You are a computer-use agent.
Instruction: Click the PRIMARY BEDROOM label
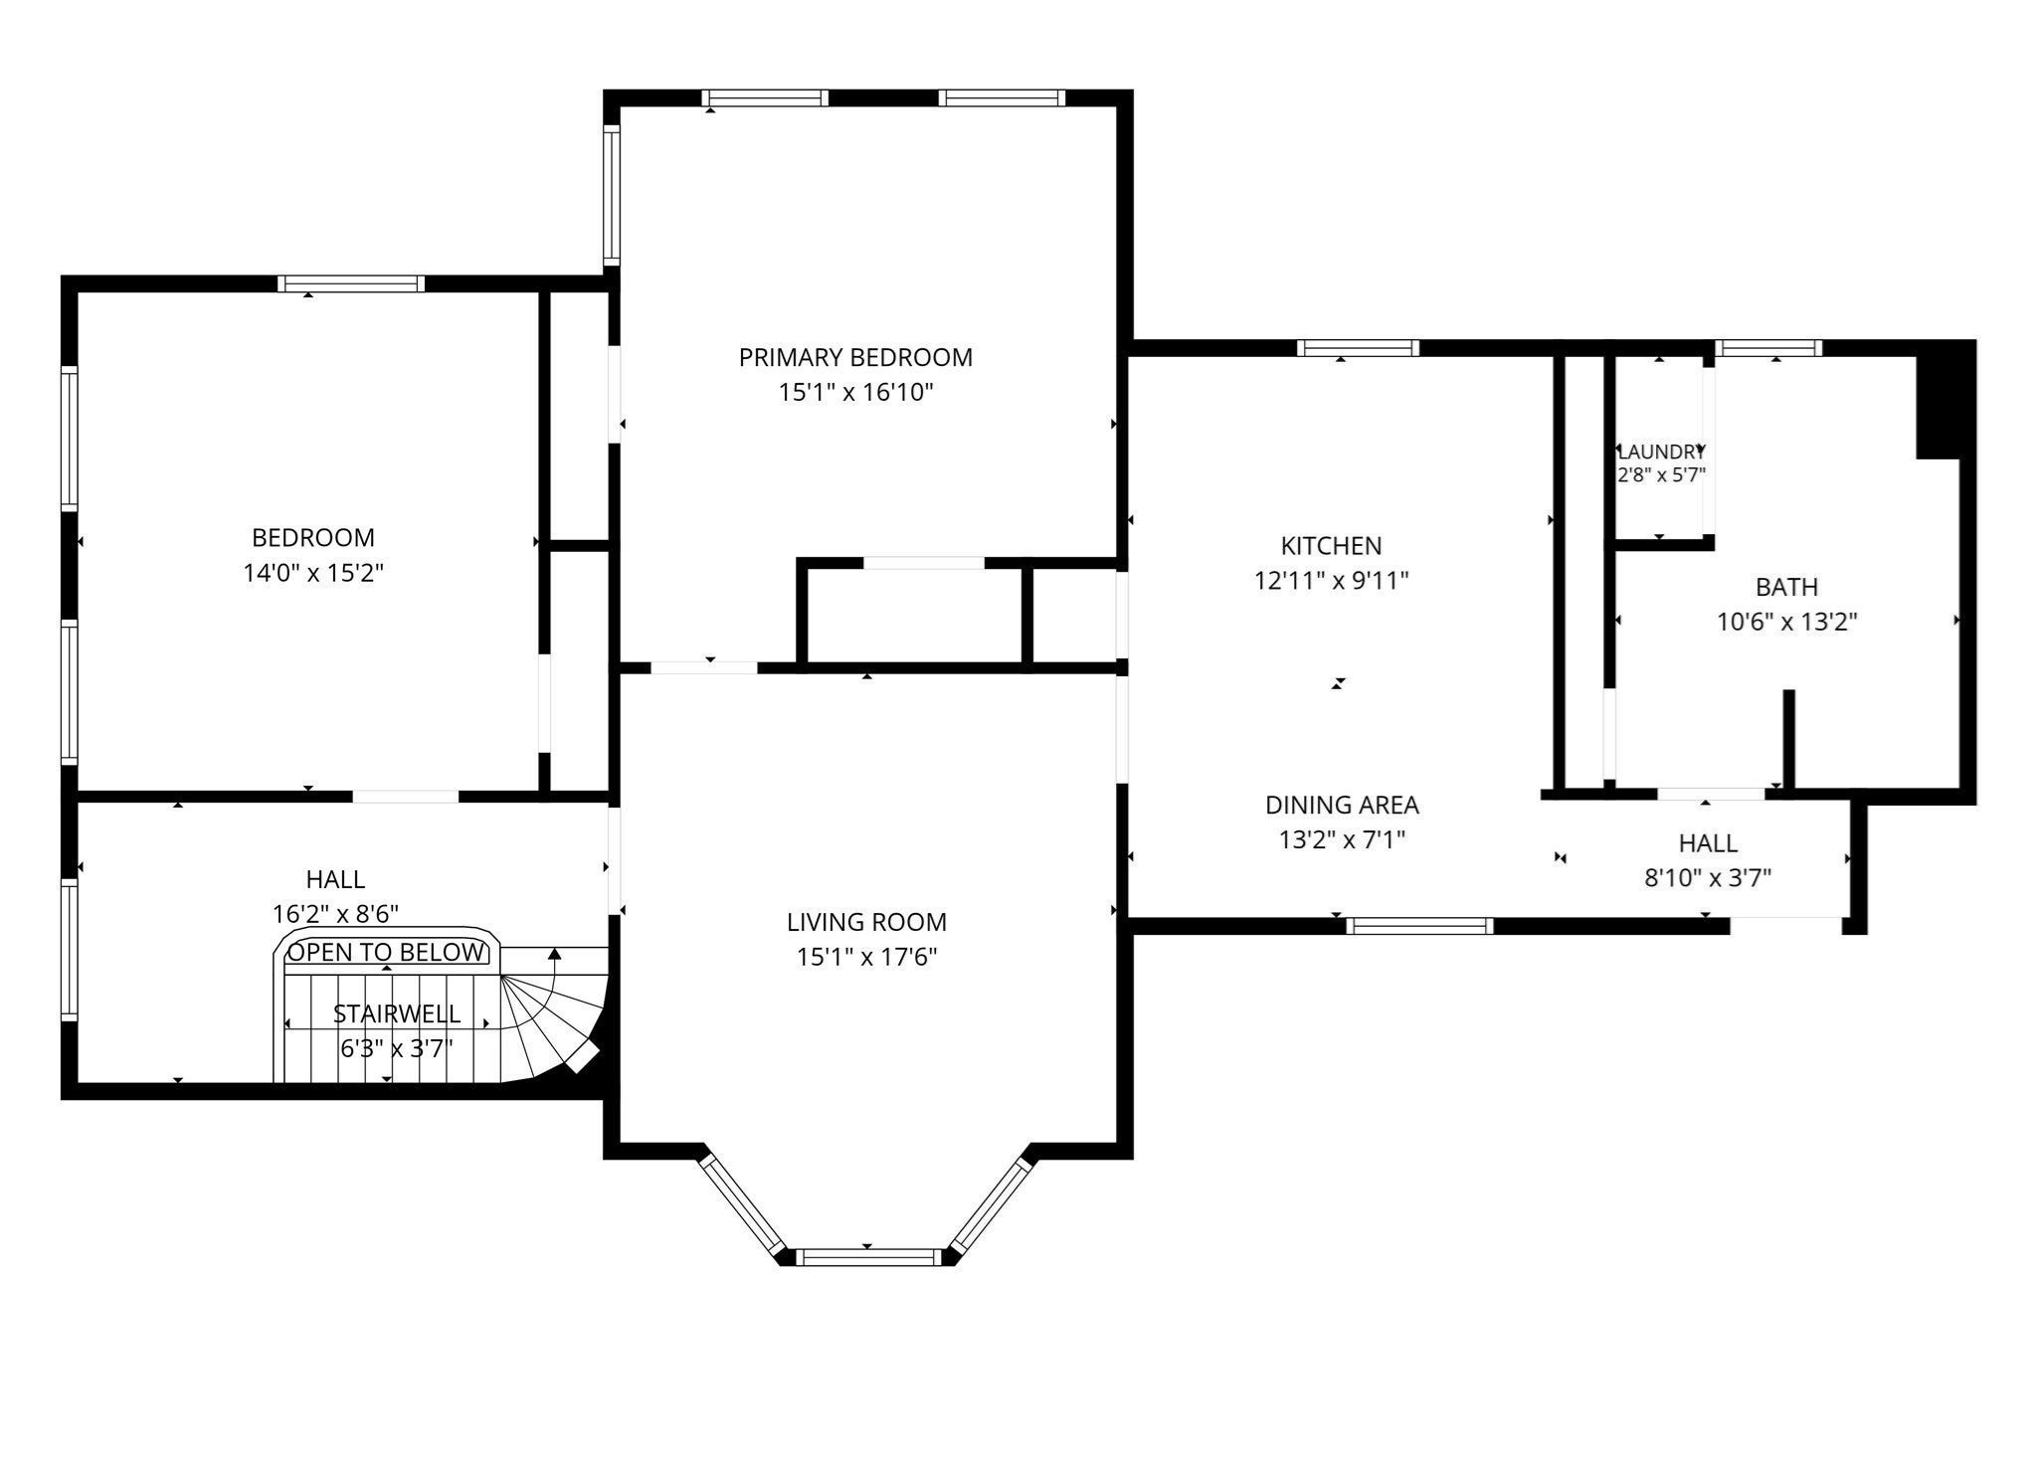(855, 357)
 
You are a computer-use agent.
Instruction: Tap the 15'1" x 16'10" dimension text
(855, 393)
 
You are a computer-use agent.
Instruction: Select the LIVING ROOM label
(866, 922)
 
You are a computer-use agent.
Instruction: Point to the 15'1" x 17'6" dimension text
(866, 958)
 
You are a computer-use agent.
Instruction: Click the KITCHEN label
(1331, 546)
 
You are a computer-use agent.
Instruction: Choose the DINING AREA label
(1342, 805)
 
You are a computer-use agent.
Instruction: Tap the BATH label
(1786, 587)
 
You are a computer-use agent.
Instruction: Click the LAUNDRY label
(1661, 452)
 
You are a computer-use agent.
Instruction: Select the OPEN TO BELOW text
(386, 953)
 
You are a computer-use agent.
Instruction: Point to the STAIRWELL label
(397, 1014)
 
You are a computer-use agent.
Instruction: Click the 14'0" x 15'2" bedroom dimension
(313, 574)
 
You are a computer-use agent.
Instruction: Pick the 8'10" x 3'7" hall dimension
(1708, 879)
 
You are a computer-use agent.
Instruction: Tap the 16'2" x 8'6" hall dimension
(336, 915)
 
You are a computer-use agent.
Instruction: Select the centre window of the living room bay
(869, 1257)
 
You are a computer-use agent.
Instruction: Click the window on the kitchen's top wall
(1359, 348)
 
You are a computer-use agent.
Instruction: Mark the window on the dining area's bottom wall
(1420, 926)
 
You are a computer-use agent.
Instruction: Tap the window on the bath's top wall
(1769, 348)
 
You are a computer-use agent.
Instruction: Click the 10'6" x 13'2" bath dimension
(1787, 623)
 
